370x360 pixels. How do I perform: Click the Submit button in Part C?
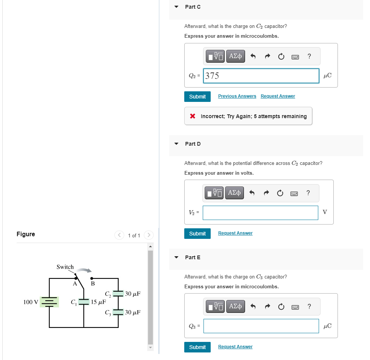(197, 97)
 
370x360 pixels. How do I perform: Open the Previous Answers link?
(237, 96)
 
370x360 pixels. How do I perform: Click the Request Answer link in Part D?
(235, 233)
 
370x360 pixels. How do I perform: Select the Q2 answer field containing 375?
(261, 76)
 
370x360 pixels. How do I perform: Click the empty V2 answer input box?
(260, 212)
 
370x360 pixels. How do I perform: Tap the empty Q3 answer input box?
(261, 326)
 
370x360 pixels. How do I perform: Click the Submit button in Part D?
(197, 234)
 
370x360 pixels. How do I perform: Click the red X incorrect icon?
(193, 116)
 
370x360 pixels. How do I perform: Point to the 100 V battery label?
(31, 302)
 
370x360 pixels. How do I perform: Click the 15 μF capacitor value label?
(98, 302)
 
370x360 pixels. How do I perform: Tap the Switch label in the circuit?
(65, 267)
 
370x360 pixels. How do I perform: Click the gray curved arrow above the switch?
(83, 270)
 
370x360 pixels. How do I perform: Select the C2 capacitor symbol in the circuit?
(118, 294)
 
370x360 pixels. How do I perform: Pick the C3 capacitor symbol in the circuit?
(118, 312)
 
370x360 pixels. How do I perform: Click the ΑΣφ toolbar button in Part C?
(235, 56)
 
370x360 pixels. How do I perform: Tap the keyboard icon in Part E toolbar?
(295, 306)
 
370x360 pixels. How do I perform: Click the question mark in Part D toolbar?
(308, 193)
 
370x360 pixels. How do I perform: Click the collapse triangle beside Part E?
(176, 257)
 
